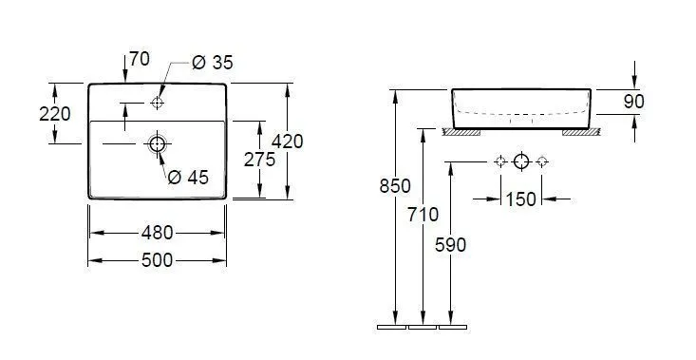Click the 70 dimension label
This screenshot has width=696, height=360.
tap(139, 60)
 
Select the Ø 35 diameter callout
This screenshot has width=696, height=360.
tap(212, 63)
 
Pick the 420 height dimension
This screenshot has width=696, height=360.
tap(287, 142)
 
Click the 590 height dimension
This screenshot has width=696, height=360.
tap(450, 244)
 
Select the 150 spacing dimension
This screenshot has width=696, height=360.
tap(521, 199)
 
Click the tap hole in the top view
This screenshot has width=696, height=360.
tap(158, 101)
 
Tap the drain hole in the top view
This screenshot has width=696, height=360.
tap(158, 144)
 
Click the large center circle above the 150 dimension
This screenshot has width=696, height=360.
tap(520, 161)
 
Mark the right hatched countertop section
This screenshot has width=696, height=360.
tap(580, 132)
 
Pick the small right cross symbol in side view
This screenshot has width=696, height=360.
tap(541, 161)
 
